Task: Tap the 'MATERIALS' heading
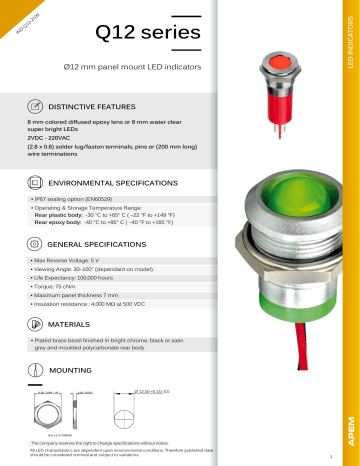(71, 326)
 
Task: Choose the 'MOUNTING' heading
(70, 369)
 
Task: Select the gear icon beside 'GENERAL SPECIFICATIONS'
(36, 243)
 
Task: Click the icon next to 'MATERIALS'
(36, 326)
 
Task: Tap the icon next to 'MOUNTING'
(36, 369)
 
